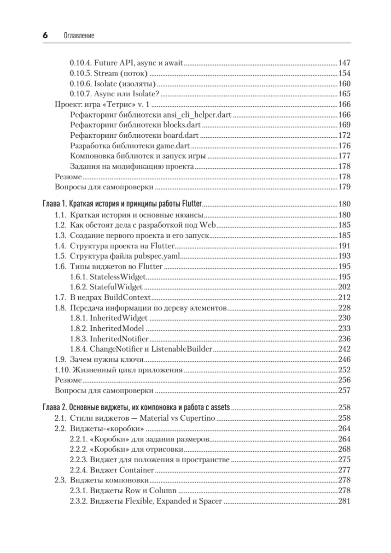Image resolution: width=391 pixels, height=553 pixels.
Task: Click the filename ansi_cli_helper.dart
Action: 199,115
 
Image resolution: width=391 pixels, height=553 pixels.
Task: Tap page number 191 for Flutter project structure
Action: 344,246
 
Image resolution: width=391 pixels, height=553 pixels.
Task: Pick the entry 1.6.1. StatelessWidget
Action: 108,276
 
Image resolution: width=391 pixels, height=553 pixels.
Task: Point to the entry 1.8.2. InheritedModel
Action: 107,328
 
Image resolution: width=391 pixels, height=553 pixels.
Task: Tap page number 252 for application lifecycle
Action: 344,370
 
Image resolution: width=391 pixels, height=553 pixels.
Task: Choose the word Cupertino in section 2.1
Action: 195,418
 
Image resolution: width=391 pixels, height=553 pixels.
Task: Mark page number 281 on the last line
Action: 344,501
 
